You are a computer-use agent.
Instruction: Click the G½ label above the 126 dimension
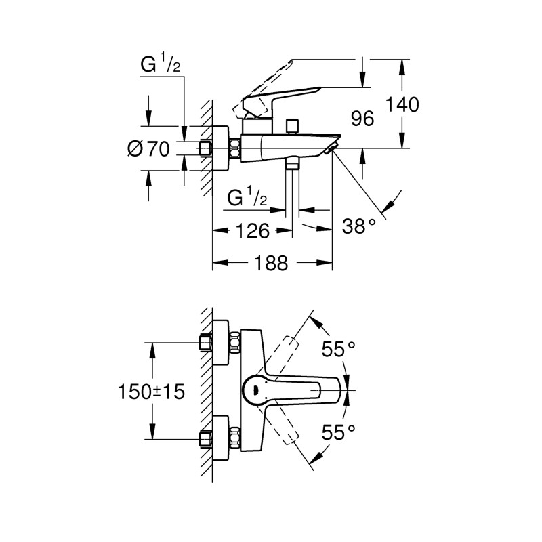click(x=247, y=198)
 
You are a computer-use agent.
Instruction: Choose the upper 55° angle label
click(x=338, y=350)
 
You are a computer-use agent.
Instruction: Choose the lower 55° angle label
click(x=338, y=431)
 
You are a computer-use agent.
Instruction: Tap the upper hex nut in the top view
click(x=235, y=341)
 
